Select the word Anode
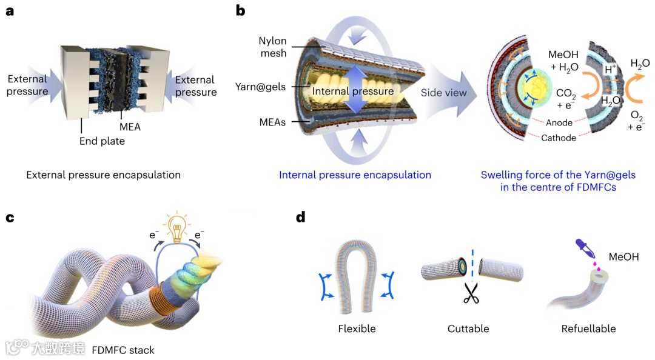(559, 123)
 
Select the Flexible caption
(357, 329)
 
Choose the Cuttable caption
(468, 329)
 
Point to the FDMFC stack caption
(123, 350)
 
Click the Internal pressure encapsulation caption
(355, 175)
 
